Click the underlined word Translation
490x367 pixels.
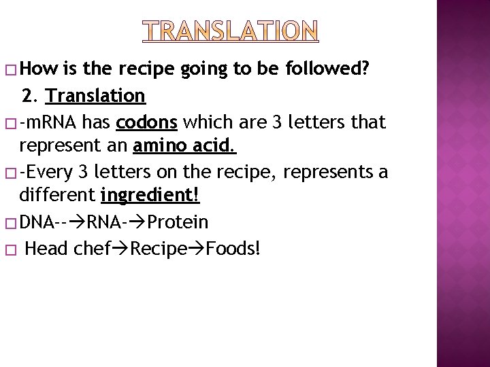coord(96,96)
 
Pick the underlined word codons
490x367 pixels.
coord(147,122)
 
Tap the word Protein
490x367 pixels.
coord(178,222)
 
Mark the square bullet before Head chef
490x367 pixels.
coord(9,249)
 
